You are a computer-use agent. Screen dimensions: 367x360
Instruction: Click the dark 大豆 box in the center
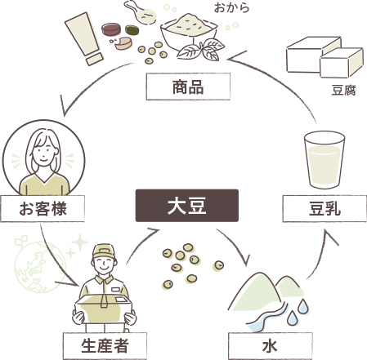click(187, 206)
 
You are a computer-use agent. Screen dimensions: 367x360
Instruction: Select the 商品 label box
click(188, 87)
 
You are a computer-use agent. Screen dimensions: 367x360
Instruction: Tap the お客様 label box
click(43, 209)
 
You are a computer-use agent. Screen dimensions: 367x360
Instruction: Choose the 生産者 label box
click(105, 346)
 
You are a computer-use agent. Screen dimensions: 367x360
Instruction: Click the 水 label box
click(271, 346)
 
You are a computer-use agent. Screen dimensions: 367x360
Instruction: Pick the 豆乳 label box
click(324, 209)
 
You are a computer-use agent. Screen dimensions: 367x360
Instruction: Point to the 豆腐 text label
click(343, 91)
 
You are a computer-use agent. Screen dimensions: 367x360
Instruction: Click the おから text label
click(231, 8)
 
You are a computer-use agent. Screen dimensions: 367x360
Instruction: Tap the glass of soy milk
click(324, 160)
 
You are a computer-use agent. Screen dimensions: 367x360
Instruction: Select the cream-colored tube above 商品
click(84, 38)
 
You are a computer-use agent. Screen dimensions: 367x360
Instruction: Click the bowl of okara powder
click(189, 31)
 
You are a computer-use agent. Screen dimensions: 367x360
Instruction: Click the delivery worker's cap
click(104, 251)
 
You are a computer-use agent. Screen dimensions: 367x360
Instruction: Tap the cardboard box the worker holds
click(104, 309)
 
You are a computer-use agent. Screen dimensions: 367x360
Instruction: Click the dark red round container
click(111, 29)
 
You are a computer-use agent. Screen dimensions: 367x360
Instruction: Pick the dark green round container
click(132, 30)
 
